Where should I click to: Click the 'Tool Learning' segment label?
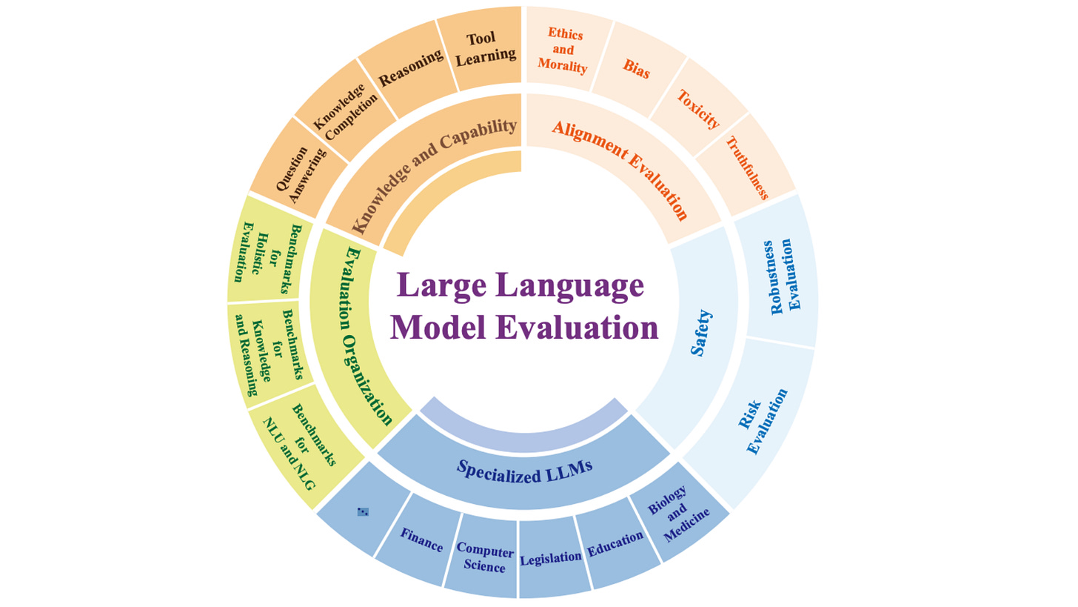pyautogui.click(x=485, y=47)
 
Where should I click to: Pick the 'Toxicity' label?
pyautogui.click(x=698, y=110)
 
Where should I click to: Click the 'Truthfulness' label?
pyautogui.click(x=746, y=168)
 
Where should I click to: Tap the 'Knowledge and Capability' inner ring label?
pyautogui.click(x=433, y=175)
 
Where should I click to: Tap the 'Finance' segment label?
pyautogui.click(x=421, y=540)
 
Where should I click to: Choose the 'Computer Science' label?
pyautogui.click(x=485, y=557)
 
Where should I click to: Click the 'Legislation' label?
pyautogui.click(x=550, y=557)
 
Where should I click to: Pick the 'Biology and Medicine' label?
pyautogui.click(x=674, y=514)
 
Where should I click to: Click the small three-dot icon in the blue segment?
pyautogui.click(x=363, y=511)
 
